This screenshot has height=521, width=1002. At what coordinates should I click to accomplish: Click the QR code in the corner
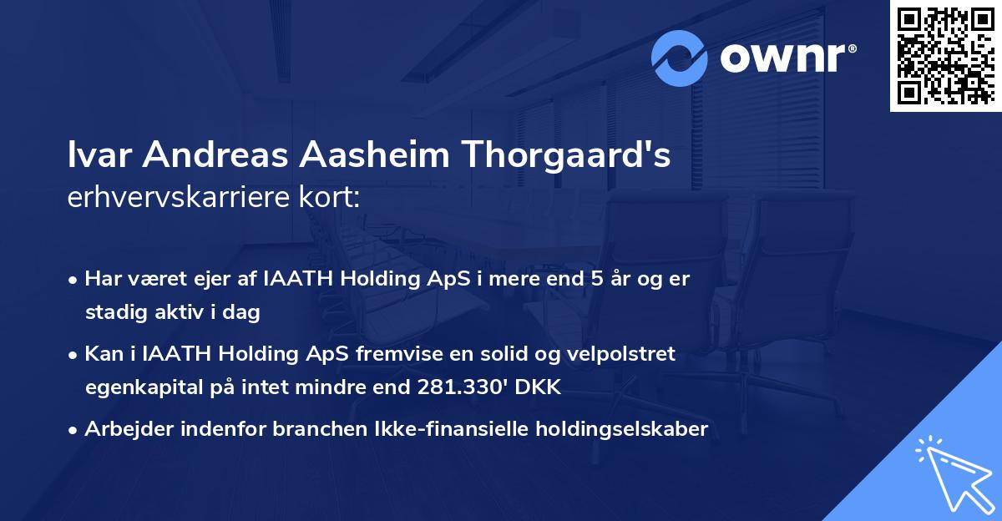[x=944, y=57]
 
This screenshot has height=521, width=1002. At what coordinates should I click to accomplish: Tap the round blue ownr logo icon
[x=679, y=58]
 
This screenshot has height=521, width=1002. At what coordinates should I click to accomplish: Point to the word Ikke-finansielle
[x=458, y=429]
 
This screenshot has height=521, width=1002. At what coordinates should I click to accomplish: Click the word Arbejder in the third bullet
[x=122, y=429]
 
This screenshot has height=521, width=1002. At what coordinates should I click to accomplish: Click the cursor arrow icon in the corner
[x=953, y=471]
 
